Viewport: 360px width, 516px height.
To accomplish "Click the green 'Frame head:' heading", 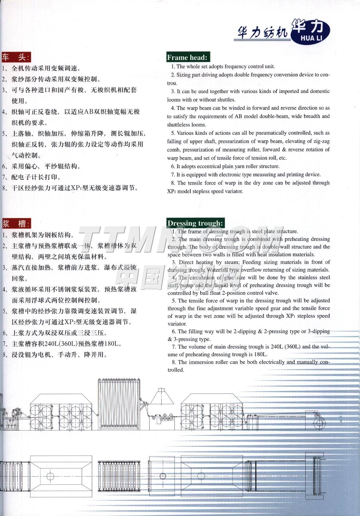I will [x=187, y=57].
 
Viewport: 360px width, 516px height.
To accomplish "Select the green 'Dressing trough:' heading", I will [x=195, y=223].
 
